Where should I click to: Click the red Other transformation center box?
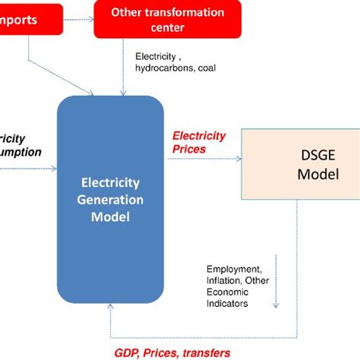(x=167, y=19)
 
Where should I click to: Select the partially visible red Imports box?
(x=30, y=19)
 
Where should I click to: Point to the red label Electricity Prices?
(x=199, y=142)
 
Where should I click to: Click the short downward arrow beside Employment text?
(x=276, y=281)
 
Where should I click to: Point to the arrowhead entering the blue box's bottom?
(x=112, y=308)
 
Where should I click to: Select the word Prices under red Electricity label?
(x=189, y=149)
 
